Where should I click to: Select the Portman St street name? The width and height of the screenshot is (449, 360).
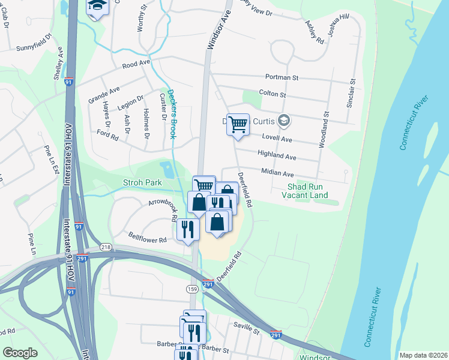(x=282, y=78)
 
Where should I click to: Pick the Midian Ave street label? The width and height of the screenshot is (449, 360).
(x=277, y=172)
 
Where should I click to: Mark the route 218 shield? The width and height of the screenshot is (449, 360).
(x=106, y=247)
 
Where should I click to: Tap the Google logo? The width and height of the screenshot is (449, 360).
(x=20, y=353)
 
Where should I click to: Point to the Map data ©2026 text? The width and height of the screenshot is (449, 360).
(x=423, y=355)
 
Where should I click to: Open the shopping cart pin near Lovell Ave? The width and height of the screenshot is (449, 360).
(x=238, y=125)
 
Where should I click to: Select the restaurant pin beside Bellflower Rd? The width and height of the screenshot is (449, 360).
(x=188, y=230)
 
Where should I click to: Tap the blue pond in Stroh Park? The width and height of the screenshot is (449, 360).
(x=166, y=169)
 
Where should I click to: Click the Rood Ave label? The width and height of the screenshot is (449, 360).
(x=136, y=63)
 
